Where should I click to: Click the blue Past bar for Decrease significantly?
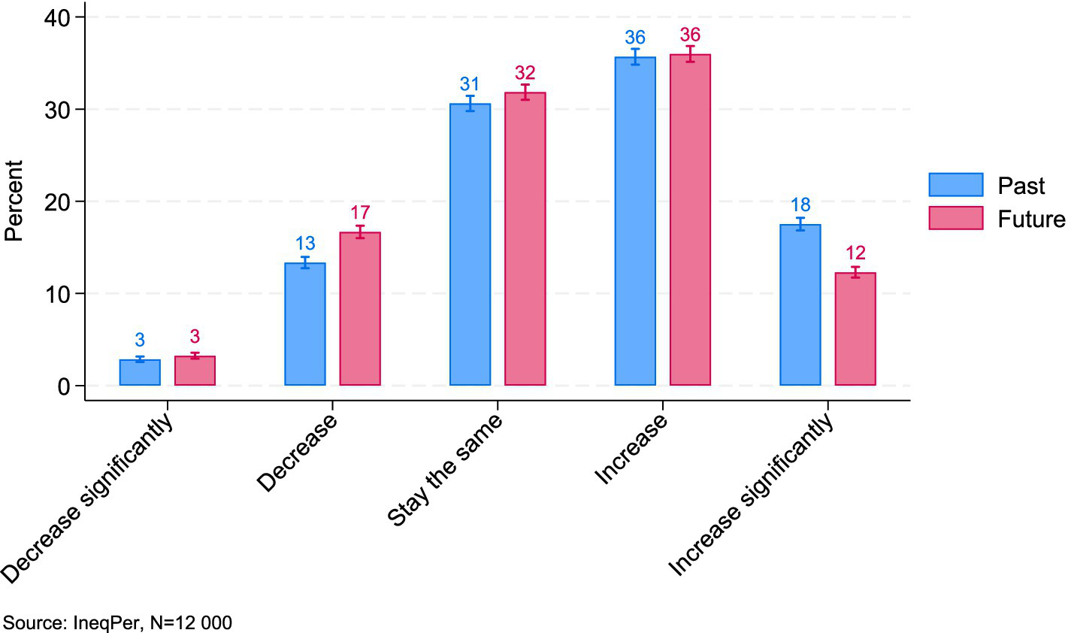[140, 373]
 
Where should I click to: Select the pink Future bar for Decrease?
[360, 309]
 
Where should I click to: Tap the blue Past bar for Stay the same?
[470, 244]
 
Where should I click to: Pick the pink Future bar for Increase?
[690, 220]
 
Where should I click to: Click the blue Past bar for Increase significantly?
[800, 304]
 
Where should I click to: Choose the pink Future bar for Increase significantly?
[855, 329]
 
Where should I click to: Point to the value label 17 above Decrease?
[360, 213]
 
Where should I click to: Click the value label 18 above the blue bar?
[800, 205]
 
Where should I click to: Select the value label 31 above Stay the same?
[470, 84]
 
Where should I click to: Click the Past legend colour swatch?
[955, 185]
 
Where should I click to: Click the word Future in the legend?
[1030, 219]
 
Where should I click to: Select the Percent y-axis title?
[14, 201]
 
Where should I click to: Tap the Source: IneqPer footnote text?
[118, 622]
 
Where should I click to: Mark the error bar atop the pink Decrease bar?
[360, 232]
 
